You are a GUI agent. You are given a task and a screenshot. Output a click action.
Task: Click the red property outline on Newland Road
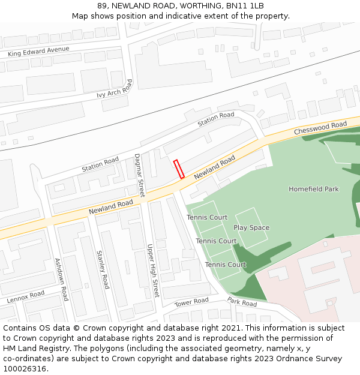[x=178, y=169]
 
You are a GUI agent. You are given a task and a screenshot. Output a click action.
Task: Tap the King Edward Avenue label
[x=38, y=52]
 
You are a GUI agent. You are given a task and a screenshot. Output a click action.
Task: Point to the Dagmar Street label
[x=139, y=175]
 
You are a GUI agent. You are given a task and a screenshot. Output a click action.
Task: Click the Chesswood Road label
[x=320, y=128]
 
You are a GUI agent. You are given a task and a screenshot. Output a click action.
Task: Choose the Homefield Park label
[x=313, y=189]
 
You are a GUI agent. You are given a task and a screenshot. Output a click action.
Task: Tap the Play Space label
[x=251, y=228]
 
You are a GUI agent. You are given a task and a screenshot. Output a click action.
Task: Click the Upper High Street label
[x=153, y=271]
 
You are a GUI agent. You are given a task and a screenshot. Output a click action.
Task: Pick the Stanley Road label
[x=103, y=269]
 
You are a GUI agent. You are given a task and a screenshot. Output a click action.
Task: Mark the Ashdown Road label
[x=61, y=279]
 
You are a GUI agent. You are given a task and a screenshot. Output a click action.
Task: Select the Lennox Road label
[x=26, y=297]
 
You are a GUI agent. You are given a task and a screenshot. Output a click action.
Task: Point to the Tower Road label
[x=191, y=302]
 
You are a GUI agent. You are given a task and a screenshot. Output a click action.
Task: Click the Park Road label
[x=242, y=303]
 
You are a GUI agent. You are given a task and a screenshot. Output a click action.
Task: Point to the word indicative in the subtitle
[x=202, y=16]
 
